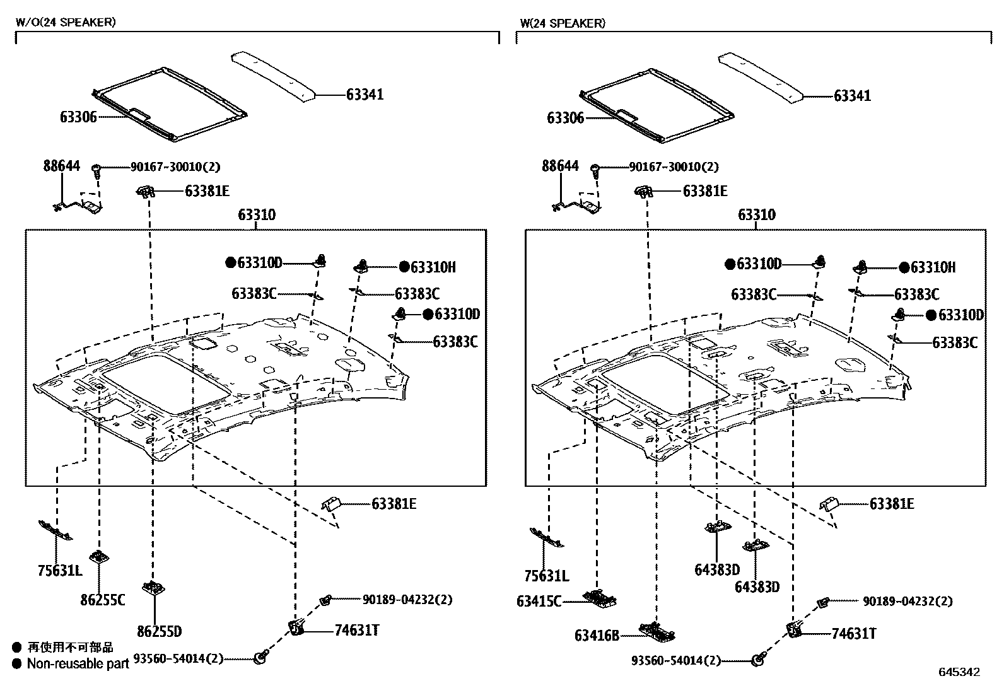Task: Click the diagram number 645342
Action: [959, 672]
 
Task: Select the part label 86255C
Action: [102, 600]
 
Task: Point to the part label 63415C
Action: [539, 602]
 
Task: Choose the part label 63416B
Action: [597, 635]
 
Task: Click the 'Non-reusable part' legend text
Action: [78, 663]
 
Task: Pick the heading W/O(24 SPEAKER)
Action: [65, 23]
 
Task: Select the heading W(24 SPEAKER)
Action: [562, 23]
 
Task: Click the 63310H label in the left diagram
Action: [433, 267]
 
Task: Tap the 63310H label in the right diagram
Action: [932, 268]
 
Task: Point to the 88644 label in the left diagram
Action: [61, 166]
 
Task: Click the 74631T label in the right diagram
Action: [853, 634]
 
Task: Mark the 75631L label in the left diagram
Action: [59, 572]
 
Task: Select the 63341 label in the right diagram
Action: [852, 96]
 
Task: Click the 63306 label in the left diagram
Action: [79, 117]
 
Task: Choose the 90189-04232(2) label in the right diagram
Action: [908, 602]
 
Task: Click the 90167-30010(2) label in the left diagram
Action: [175, 167]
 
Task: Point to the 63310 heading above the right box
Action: [756, 215]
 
